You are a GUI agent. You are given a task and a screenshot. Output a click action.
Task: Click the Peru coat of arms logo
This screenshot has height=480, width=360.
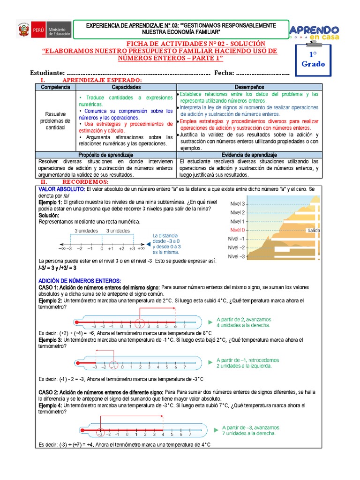coord(22,30)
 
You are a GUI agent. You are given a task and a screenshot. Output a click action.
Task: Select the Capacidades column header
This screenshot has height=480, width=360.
coord(126,87)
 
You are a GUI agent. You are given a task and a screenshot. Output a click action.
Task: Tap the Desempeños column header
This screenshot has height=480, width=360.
coord(249,87)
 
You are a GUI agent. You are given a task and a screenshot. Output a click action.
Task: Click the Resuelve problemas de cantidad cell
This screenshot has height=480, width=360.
coord(55,120)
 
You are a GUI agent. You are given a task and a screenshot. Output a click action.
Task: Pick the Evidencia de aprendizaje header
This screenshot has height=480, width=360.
coord(249,155)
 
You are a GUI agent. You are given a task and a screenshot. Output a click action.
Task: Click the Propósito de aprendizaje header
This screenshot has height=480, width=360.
coord(106,155)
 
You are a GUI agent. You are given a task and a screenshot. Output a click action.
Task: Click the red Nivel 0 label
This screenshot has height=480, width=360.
coord(237,230)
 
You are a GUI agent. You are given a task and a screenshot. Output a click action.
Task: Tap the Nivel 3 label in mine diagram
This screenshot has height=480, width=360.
coord(237,203)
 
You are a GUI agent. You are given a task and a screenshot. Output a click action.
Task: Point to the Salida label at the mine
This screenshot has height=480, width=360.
coord(314,231)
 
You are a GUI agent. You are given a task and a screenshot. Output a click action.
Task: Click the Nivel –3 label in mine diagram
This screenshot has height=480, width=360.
coord(236,256)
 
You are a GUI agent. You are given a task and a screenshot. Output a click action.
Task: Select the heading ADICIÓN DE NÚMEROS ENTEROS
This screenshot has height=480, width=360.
coord(80,280)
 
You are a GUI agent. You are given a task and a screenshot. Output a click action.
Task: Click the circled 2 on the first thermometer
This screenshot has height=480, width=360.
coord(139,326)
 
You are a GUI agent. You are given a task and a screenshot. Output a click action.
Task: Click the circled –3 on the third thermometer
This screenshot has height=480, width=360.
coord(99,434)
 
